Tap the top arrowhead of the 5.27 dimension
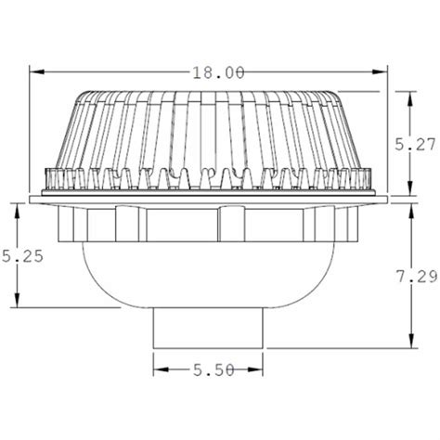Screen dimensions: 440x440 (411, 94)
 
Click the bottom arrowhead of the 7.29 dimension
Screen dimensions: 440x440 (411, 346)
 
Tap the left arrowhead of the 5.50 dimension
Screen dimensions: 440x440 (157, 370)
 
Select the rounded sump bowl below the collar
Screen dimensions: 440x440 (209, 274)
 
